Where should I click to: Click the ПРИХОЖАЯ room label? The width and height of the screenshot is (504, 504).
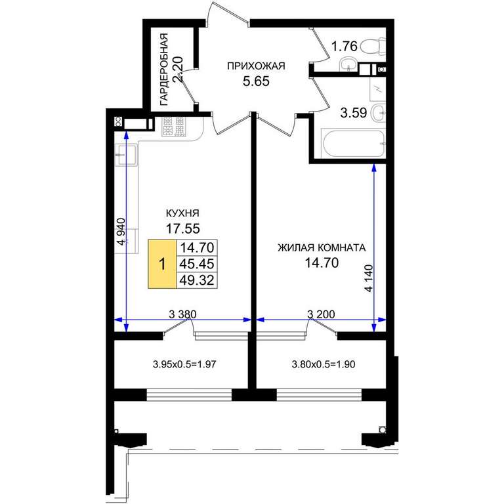tap(256, 66)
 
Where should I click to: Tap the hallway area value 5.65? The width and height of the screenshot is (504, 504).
tap(256, 81)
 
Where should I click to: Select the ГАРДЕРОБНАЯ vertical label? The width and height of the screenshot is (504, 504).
tap(164, 70)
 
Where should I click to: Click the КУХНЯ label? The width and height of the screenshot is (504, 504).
tap(182, 213)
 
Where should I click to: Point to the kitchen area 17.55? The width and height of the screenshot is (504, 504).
tap(182, 228)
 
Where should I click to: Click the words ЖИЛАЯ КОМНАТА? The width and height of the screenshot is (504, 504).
tap(322, 248)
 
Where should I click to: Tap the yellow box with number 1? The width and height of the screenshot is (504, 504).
tap(162, 264)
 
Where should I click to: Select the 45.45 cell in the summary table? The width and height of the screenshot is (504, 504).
tap(197, 264)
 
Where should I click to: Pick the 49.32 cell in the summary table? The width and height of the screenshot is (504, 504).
tap(197, 280)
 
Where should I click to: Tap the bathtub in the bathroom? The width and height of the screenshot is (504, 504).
tap(353, 143)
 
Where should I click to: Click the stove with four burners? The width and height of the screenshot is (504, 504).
tap(174, 126)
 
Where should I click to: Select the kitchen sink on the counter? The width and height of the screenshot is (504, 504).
tap(126, 155)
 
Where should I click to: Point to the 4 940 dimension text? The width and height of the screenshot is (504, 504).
tap(121, 232)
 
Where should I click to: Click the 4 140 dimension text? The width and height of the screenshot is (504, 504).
tap(369, 278)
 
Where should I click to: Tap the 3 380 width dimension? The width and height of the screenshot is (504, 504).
tap(182, 314)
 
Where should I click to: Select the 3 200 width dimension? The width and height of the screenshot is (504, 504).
tap(321, 314)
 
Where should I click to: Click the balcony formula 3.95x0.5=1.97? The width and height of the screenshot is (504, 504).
tap(184, 364)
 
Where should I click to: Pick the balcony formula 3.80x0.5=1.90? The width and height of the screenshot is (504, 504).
tap(324, 364)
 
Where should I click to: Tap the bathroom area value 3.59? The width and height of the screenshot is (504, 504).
tap(354, 113)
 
